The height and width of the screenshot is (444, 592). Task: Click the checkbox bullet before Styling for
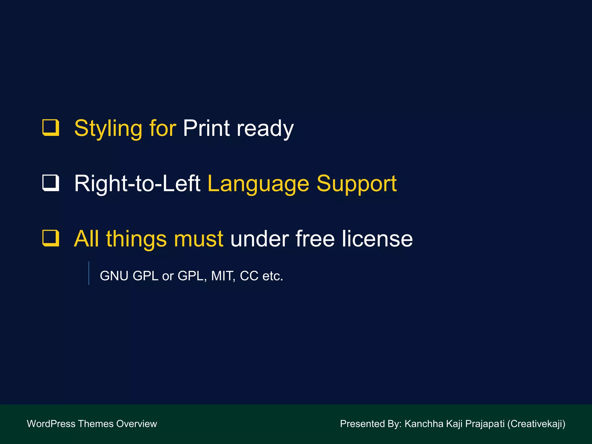point(51,127)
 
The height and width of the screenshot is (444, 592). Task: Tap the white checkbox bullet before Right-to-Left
point(51,183)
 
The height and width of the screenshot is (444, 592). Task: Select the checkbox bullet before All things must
point(51,238)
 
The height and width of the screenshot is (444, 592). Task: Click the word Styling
point(108,129)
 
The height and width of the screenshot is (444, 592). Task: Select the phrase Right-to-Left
point(137,184)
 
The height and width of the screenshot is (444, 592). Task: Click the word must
point(198,239)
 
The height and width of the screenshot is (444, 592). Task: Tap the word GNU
point(114,276)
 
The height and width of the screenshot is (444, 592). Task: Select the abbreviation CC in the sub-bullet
point(249,276)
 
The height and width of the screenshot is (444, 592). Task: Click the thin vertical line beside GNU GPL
point(89,273)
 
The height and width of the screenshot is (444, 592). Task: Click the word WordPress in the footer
point(51,424)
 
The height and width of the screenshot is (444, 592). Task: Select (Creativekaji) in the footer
point(536,424)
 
